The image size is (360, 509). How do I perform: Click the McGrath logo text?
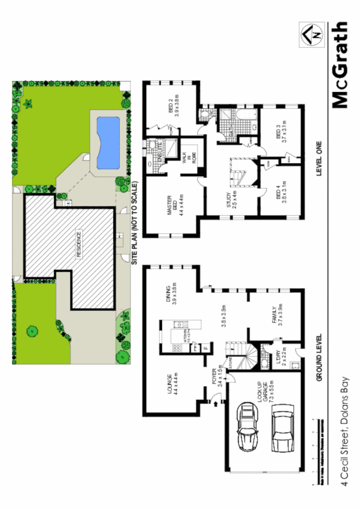pyautogui.click(x=340, y=65)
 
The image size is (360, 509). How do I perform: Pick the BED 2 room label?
pyautogui.click(x=173, y=107)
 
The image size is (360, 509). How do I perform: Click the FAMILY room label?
pyautogui.click(x=277, y=316)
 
